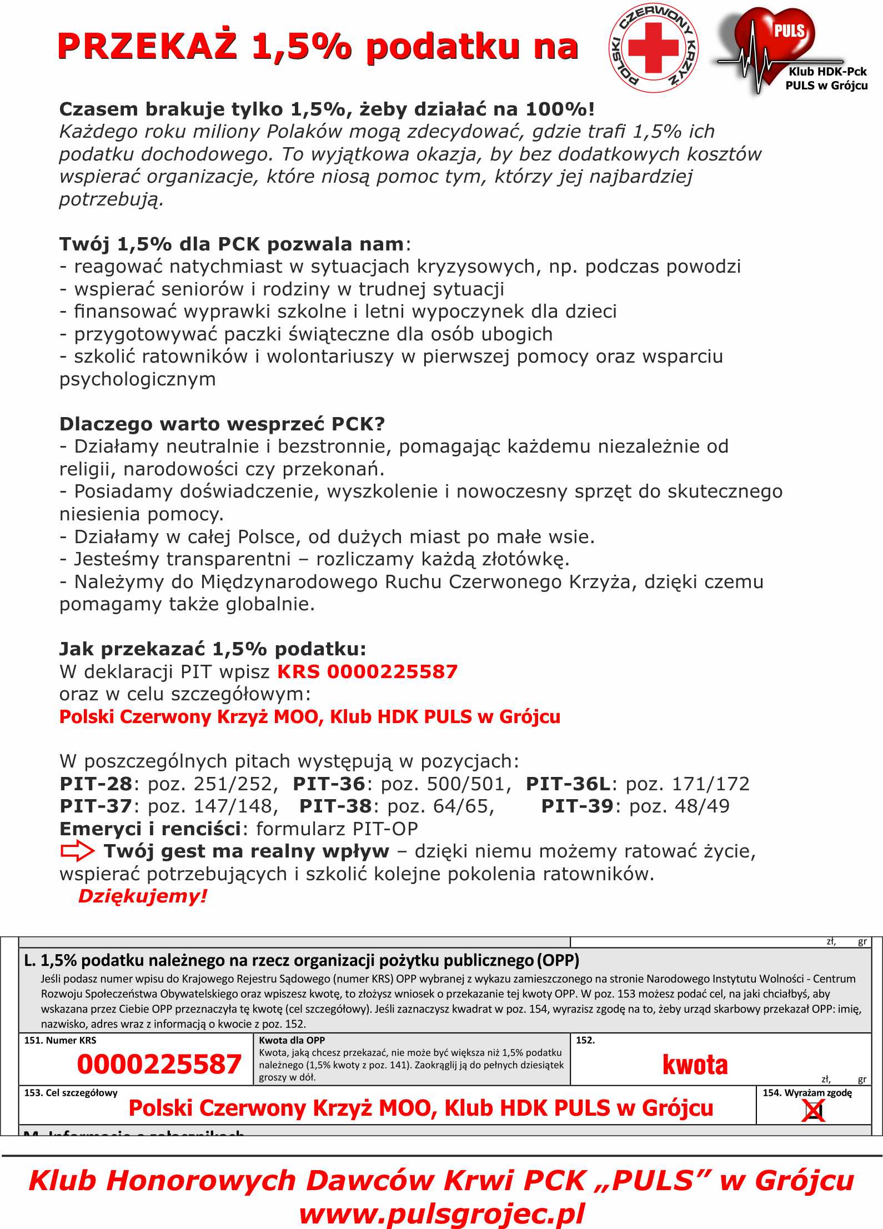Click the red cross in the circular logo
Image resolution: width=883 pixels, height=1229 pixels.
pos(653,48)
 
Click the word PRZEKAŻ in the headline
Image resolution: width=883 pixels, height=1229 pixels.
pos(147,46)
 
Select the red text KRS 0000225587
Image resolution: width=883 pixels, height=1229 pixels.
pos(367,671)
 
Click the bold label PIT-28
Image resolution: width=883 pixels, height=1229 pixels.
pos(96,784)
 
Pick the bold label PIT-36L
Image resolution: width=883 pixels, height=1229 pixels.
pos(568,784)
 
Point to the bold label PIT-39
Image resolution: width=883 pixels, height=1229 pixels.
pos(577,806)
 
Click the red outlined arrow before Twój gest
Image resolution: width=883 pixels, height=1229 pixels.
pos(77,851)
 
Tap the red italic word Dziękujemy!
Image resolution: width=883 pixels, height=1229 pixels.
pos(143,896)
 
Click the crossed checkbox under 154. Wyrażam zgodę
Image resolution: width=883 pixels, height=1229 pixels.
pos(814,1111)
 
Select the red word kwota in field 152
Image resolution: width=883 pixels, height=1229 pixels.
pos(695,1064)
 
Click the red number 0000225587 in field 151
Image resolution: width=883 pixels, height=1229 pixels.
pos(159,1064)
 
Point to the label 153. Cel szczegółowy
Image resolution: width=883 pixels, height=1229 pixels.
pos(71,1093)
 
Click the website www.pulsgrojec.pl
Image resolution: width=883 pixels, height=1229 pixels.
pos(441,1213)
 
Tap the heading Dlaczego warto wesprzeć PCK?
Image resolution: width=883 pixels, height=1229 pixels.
pos(222,424)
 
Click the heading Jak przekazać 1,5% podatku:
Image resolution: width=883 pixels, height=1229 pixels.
pos(213,649)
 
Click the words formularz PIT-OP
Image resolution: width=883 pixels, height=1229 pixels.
pos(337,829)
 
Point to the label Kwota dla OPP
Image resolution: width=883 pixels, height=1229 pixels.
pos(292,1040)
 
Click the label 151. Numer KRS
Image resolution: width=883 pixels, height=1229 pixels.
pos(60,1040)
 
